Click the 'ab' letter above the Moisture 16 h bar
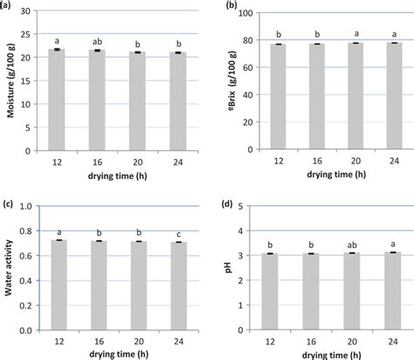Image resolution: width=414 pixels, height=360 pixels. coord(97,41)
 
